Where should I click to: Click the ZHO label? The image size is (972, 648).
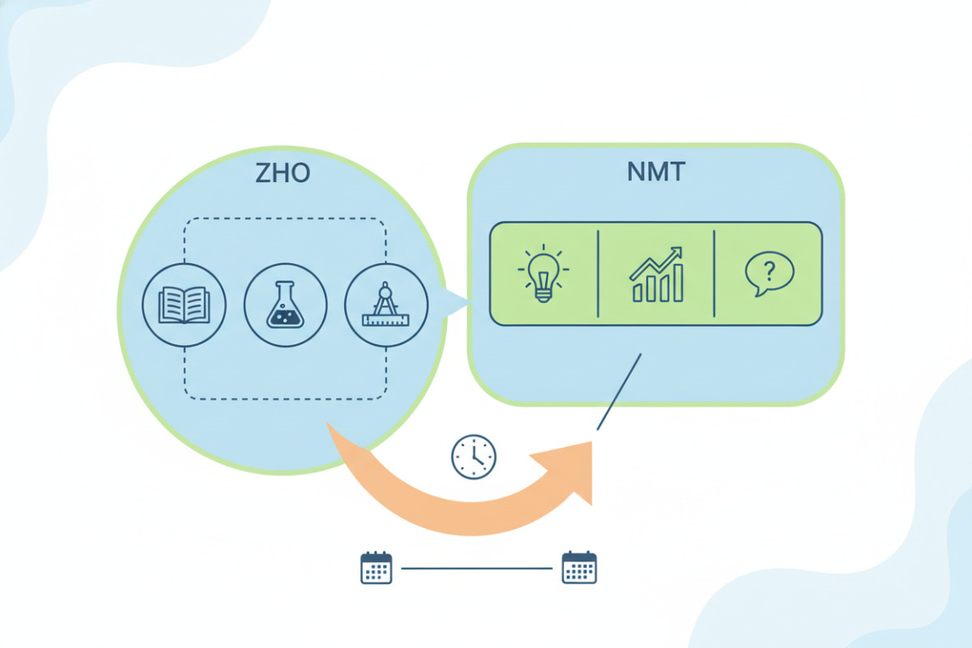pyautogui.click(x=283, y=174)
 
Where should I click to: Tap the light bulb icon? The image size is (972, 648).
pyautogui.click(x=542, y=274)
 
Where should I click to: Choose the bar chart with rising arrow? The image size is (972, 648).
pyautogui.click(x=656, y=275)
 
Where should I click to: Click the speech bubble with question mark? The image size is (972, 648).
pyautogui.click(x=769, y=274)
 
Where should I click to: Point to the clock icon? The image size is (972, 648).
pyautogui.click(x=473, y=457)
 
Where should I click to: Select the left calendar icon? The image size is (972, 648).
pyautogui.click(x=376, y=567)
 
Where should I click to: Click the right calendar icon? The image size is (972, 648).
pyautogui.click(x=579, y=567)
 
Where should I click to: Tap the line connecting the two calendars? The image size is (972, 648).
pyautogui.click(x=478, y=568)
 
